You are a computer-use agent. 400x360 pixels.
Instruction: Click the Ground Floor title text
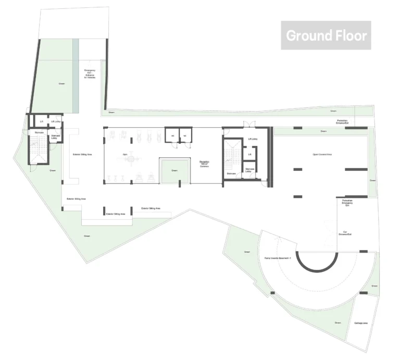click(326, 35)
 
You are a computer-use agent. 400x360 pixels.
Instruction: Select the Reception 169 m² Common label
click(204, 164)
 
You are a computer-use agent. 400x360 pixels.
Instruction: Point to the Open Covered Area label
click(322, 155)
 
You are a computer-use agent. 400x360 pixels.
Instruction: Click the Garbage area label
click(361, 324)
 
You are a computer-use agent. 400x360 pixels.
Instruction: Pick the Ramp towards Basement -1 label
click(277, 257)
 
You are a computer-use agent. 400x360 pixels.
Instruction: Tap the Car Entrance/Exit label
click(345, 234)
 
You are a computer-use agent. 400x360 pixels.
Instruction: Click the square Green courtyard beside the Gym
click(174, 171)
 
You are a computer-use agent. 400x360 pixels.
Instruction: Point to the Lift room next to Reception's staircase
click(250, 155)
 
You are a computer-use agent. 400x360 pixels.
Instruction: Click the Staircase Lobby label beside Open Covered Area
click(250, 171)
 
